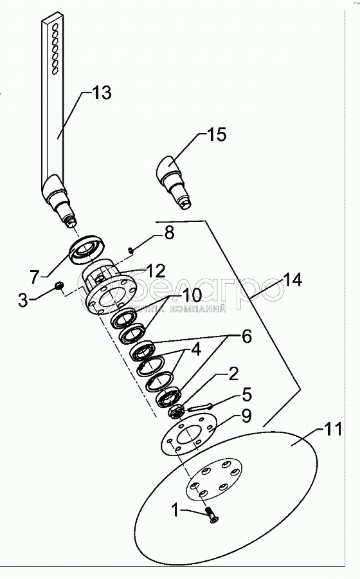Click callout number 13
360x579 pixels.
102,93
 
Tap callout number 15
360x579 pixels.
217,135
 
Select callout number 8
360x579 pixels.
169,234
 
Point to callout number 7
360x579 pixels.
35,277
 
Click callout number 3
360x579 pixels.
23,300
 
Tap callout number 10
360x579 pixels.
192,295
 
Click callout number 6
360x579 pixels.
246,336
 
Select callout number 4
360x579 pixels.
196,349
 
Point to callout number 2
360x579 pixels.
234,374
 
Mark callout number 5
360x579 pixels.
247,394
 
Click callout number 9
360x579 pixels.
247,416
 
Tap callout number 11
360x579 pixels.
333,430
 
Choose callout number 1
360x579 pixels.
175,511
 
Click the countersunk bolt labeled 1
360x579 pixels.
211,515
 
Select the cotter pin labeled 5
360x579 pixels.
200,408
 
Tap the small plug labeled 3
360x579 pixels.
59,286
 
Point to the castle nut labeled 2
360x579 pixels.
175,412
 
